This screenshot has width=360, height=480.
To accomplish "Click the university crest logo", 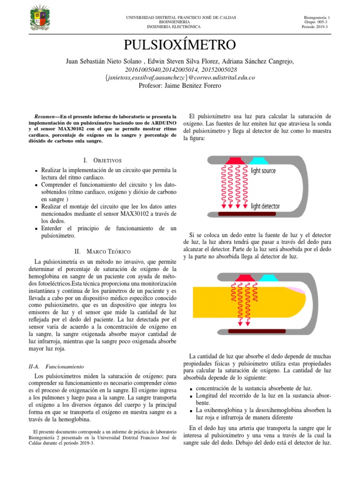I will tap(39, 19).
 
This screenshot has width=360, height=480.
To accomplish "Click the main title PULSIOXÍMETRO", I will tap(180, 45).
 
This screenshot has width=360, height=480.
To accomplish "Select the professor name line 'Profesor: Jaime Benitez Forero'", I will tap(180, 85).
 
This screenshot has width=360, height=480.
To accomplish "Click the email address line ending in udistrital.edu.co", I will tap(180, 77).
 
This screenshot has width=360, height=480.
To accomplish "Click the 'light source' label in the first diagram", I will tap(263, 171).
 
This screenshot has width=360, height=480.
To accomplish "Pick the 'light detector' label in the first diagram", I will tap(265, 206).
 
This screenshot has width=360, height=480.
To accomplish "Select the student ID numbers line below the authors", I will tap(180, 69).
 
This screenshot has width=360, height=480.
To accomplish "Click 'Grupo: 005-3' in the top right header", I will tap(316, 22).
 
